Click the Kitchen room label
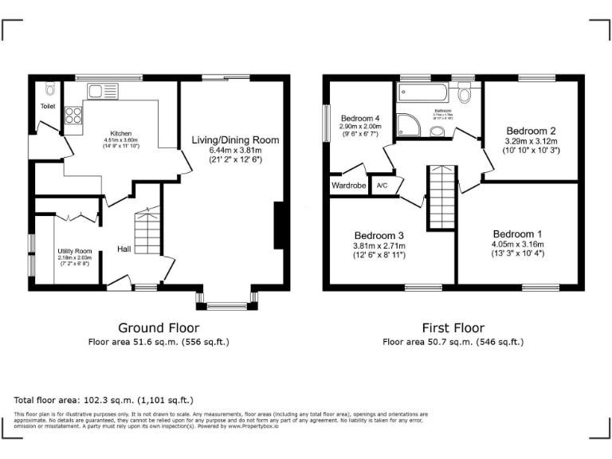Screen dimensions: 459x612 121,133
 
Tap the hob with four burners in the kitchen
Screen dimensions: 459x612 73,116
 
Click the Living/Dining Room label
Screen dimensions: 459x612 235,140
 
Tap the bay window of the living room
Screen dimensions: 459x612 226,300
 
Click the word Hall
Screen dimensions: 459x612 125,249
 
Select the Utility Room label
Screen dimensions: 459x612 75,251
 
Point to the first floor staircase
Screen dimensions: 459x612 440,196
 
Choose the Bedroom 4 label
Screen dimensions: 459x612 360,118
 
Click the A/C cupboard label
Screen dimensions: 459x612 382,186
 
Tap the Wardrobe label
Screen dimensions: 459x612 348,186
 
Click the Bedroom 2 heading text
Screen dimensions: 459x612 531,131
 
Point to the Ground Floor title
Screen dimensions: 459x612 159,328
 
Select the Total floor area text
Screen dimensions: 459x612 104,399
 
